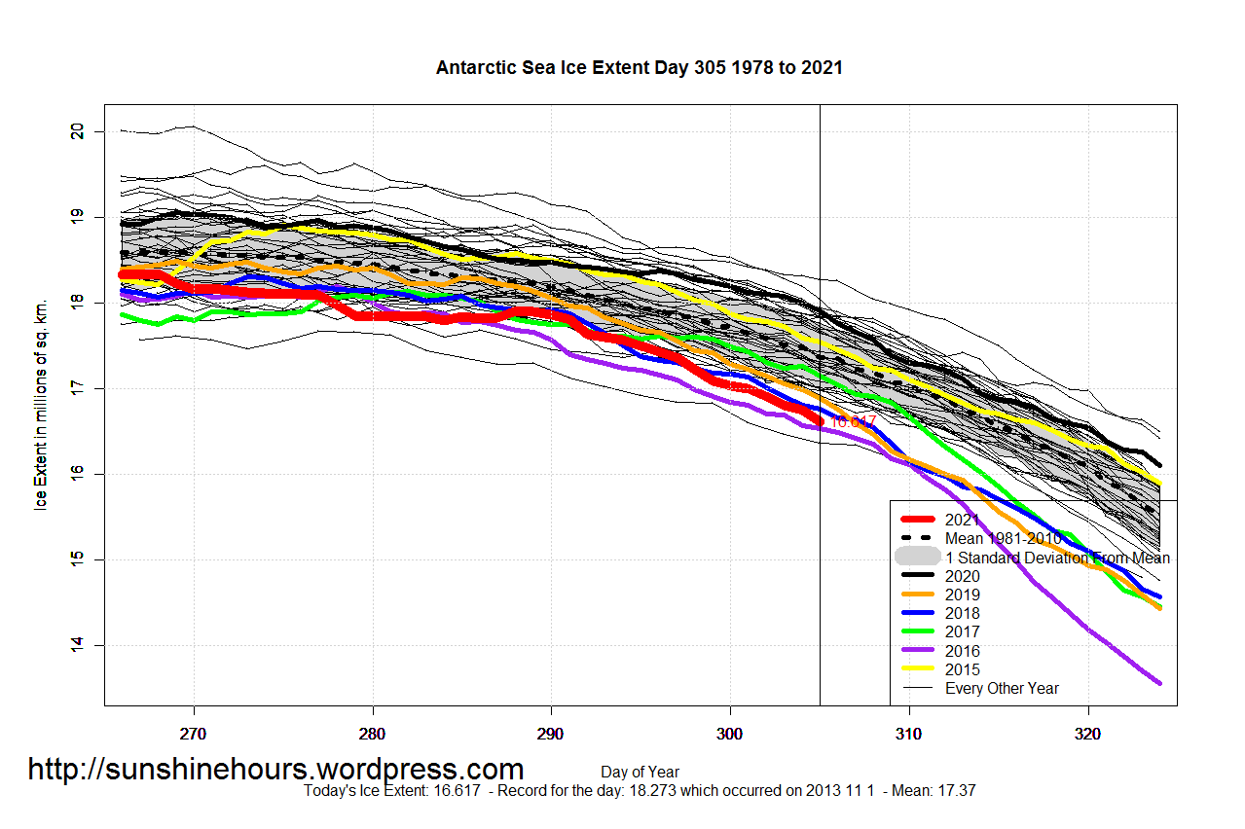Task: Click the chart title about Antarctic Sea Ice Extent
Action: (x=639, y=68)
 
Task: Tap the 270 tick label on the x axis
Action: (x=194, y=733)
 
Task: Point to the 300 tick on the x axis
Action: (x=730, y=733)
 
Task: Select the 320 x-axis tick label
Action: (x=1087, y=733)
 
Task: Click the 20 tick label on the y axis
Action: (x=77, y=131)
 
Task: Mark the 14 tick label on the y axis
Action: (x=77, y=644)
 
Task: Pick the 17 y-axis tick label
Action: (x=77, y=388)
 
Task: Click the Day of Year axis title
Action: (x=640, y=773)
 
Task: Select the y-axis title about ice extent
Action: (x=41, y=406)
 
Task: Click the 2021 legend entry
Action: (x=963, y=521)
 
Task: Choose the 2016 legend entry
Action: (x=963, y=651)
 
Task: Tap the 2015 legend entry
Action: (x=963, y=669)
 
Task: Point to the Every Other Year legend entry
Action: (x=1002, y=688)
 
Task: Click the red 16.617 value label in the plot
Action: (x=853, y=421)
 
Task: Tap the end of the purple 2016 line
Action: (x=1158, y=683)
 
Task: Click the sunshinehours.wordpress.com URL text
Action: (x=275, y=770)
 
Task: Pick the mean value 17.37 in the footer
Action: (x=956, y=791)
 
